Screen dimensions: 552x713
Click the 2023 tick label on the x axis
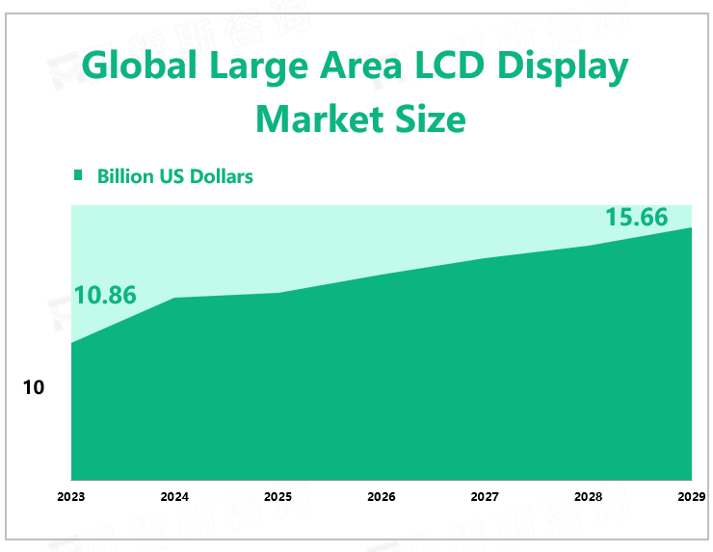coord(70,497)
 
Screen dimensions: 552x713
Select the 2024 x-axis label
coord(174,497)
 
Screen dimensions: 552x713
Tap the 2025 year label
coord(277,497)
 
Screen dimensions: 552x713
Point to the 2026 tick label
coord(382,497)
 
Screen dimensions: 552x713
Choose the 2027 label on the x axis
coord(485,497)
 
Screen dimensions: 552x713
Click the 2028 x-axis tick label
coord(588,497)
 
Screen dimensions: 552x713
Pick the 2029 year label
coord(691,497)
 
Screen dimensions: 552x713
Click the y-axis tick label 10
coord(34,388)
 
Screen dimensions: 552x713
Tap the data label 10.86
coord(105,296)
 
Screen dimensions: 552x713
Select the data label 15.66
coord(636,218)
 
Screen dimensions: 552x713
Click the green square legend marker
coord(79,175)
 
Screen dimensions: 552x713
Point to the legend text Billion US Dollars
coord(175,176)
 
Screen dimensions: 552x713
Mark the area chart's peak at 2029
coord(691,227)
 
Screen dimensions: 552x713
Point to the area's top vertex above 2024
coord(174,298)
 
